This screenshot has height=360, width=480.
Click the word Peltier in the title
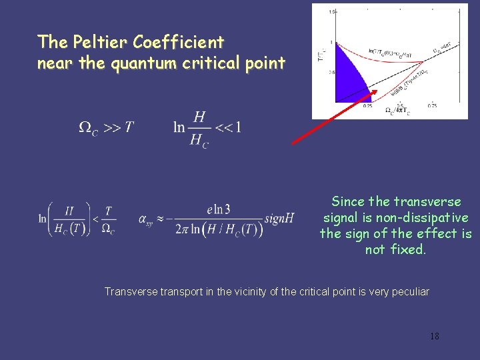[104, 42]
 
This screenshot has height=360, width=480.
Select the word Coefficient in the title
[179, 42]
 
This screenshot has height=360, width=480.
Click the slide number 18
[434, 336]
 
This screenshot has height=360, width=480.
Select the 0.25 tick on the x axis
[368, 105]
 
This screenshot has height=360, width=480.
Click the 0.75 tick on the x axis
[431, 105]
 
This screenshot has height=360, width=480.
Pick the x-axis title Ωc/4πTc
[398, 111]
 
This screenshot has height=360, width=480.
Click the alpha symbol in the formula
[144, 219]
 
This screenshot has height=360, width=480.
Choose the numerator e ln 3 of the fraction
[219, 209]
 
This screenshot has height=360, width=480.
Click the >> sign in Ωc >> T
[110, 127]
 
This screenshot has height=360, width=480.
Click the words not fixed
[395, 249]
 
